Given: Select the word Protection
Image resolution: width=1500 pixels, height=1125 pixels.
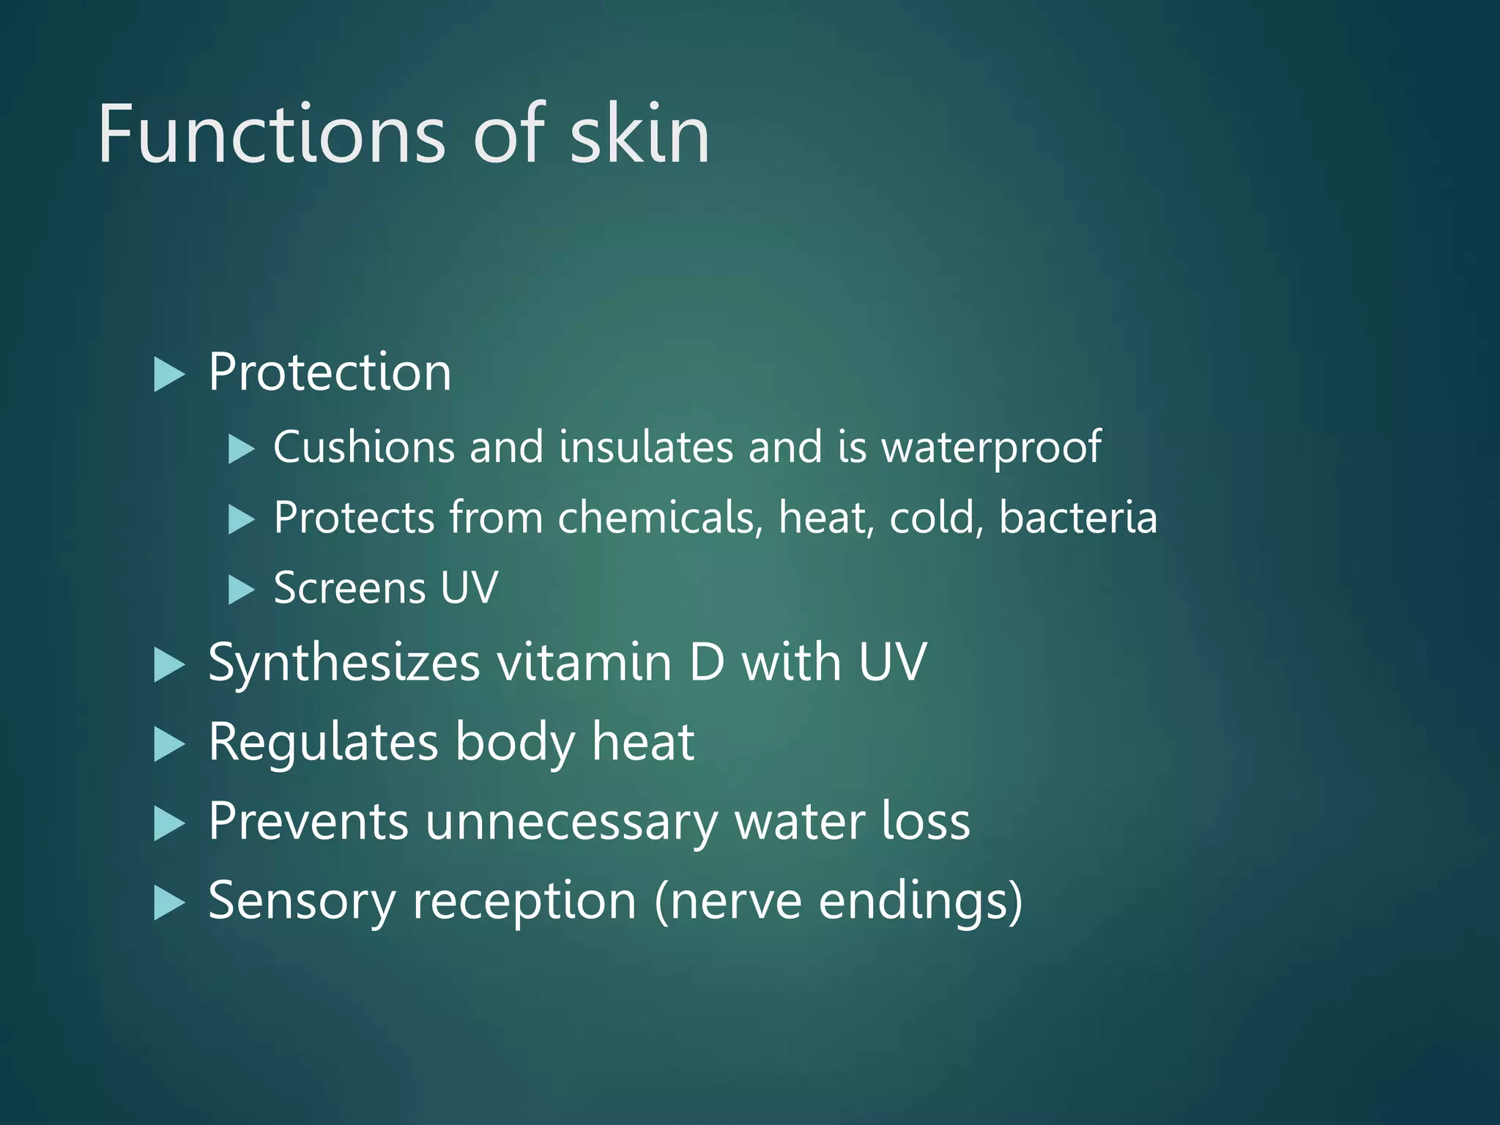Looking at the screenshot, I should pos(330,372).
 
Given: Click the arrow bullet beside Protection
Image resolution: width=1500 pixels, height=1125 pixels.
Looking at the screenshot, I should pos(169,375).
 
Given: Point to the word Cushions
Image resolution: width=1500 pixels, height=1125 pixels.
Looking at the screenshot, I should pos(363,447).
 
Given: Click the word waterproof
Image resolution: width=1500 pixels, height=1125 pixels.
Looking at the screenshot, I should pos(991,448).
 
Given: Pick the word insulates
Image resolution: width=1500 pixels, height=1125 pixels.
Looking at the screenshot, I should pos(645,447).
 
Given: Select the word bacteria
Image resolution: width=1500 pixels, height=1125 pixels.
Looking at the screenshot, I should pos(1078,518).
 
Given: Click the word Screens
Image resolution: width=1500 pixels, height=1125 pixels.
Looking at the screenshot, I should pos(349,588).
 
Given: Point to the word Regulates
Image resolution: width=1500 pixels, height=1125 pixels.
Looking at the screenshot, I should pos(323,743).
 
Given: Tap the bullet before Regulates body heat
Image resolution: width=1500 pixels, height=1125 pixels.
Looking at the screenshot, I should pos(169,746).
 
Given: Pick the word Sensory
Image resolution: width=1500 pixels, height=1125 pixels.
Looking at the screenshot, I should pos(302,902).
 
